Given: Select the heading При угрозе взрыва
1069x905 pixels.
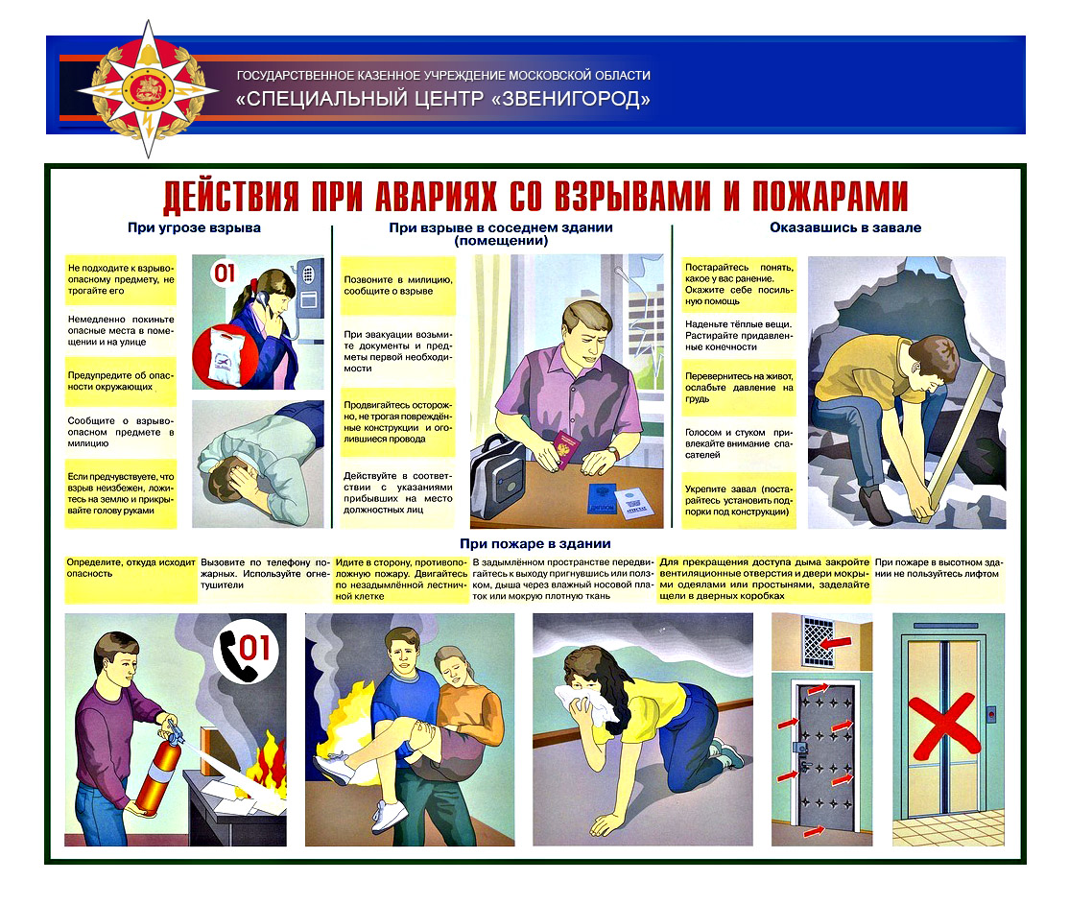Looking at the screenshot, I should point(194,228).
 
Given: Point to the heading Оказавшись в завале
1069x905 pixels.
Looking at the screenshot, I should point(845,228).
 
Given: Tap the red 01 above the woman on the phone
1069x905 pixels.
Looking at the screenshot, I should point(224,274).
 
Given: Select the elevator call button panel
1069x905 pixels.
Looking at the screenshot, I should point(991,714).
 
